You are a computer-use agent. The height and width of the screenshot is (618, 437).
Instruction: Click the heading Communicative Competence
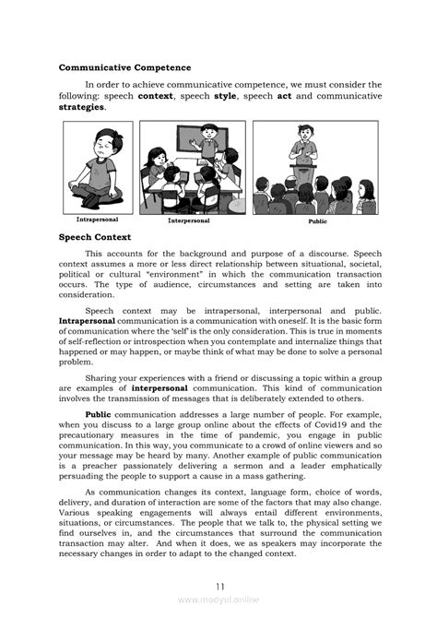[x=124, y=67]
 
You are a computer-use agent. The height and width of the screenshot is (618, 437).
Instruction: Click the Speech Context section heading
[x=95, y=238]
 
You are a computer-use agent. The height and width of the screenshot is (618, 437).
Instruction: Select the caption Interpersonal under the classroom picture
[x=189, y=221]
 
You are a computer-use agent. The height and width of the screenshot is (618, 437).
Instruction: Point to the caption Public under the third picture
[x=319, y=221]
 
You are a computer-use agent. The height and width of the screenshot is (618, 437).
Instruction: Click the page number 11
[x=219, y=587]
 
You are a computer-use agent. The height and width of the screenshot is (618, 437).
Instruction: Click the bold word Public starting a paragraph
[x=98, y=417]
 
